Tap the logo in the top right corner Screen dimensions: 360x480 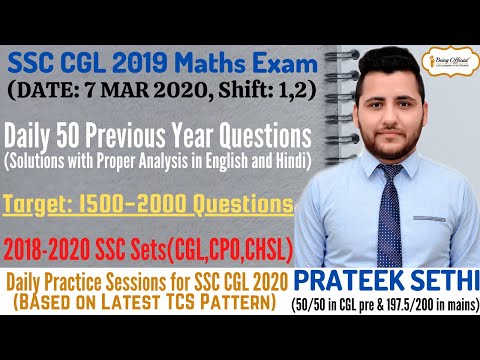click(445, 63)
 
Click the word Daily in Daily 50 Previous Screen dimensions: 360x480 click(44, 135)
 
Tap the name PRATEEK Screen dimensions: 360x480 click(358, 279)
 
